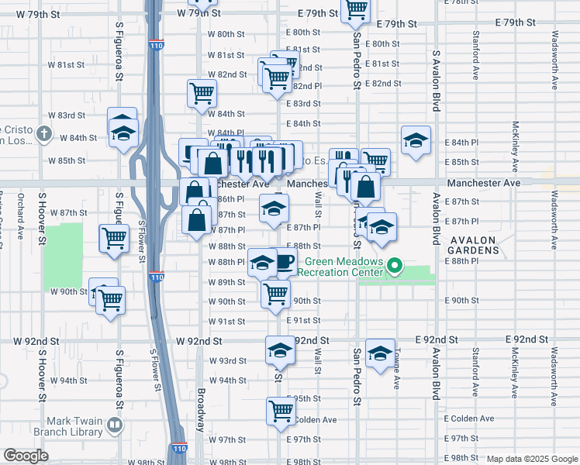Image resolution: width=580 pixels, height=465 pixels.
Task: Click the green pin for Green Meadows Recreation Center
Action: (395, 268)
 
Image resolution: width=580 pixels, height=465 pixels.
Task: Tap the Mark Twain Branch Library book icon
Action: (116, 425)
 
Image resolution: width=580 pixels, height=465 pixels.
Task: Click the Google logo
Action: (26, 456)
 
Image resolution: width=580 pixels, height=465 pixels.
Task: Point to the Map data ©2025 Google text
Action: (531, 459)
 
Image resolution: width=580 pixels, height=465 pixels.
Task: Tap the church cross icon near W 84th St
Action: (44, 136)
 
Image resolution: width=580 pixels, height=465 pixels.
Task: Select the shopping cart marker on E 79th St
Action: (356, 9)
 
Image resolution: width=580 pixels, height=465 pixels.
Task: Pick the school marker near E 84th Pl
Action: (416, 140)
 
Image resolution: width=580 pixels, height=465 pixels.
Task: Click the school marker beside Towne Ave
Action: (380, 354)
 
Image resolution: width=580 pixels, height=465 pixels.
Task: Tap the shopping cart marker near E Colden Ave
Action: (281, 411)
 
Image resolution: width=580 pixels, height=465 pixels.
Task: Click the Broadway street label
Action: (201, 410)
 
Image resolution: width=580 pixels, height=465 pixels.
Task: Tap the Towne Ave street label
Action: (396, 374)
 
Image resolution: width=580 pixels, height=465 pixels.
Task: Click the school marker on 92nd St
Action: (280, 350)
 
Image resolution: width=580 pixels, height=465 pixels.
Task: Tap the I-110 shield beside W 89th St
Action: (157, 277)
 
